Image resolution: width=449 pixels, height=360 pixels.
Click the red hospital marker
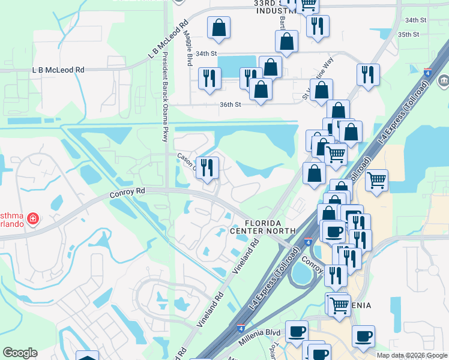click(33, 218)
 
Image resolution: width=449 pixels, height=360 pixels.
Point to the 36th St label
click(230, 104)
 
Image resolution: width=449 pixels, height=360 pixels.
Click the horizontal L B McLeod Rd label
click(58, 70)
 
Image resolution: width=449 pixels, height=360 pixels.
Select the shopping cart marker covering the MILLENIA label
click(339, 304)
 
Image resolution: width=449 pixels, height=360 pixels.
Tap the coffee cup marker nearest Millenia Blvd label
click(296, 332)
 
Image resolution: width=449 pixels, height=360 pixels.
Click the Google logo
click(20, 353)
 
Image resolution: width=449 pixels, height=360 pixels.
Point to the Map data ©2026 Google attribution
click(412, 355)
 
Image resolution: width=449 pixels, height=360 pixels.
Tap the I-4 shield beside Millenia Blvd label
click(240, 329)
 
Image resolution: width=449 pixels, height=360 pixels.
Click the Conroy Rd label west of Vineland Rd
click(128, 193)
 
